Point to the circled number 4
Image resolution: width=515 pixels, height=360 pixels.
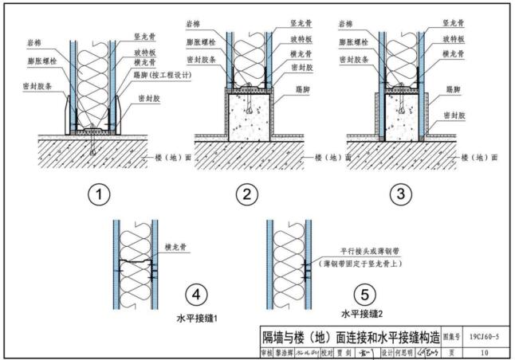click(x=194, y=294)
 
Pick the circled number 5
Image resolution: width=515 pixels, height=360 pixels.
click(x=364, y=294)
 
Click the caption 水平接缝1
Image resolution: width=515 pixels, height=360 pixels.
click(x=197, y=318)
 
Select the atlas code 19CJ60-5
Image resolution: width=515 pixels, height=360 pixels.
click(x=485, y=335)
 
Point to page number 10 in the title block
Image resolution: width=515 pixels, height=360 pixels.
click(x=485, y=350)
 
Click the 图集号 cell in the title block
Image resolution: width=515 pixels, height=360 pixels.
click(x=451, y=335)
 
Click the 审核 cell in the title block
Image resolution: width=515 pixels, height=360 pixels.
click(x=267, y=350)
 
